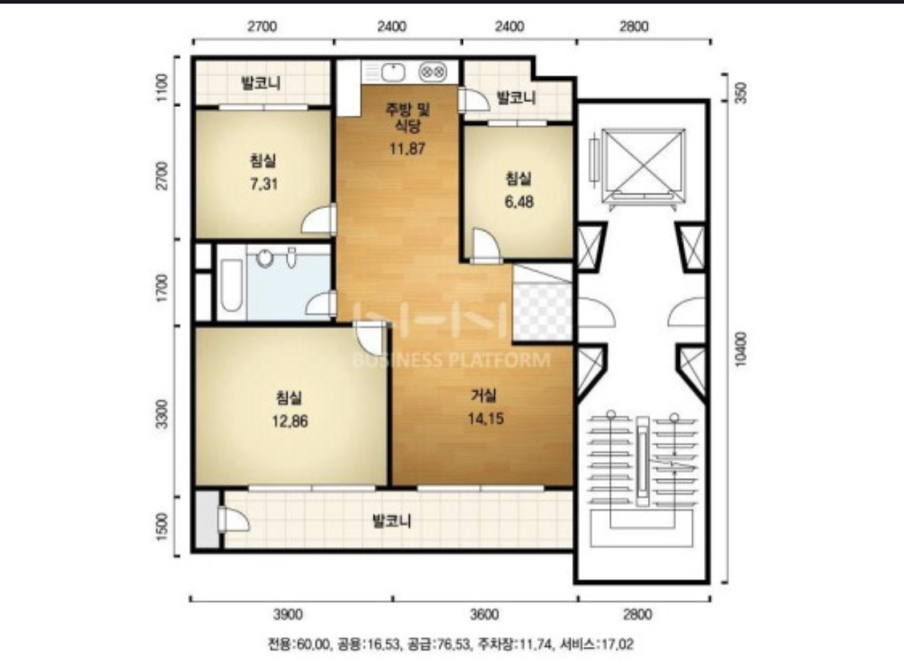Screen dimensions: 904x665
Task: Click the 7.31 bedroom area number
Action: [263, 184]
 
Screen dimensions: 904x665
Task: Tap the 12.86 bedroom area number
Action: [290, 421]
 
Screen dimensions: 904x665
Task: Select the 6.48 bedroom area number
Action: [519, 202]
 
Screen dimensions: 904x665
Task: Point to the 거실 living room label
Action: [484, 396]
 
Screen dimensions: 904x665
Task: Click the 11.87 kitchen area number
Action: [407, 149]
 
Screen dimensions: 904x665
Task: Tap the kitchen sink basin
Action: [392, 73]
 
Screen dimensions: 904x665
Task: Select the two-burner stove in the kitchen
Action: [432, 72]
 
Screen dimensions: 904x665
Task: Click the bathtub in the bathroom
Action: [231, 286]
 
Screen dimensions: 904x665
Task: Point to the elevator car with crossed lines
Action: [643, 165]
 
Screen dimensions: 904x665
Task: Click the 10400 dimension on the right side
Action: [741, 349]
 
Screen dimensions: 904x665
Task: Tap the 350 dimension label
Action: [741, 93]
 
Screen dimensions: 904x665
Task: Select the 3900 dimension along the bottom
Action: [288, 615]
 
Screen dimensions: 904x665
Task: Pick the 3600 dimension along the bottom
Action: [484, 615]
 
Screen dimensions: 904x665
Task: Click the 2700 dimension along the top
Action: [262, 27]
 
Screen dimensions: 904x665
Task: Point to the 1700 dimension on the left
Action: [162, 287]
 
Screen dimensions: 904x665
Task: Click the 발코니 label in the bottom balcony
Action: [392, 521]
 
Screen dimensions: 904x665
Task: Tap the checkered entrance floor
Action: [542, 311]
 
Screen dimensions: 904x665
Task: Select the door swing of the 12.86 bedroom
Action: [368, 338]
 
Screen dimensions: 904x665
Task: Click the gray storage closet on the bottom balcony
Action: [207, 519]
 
